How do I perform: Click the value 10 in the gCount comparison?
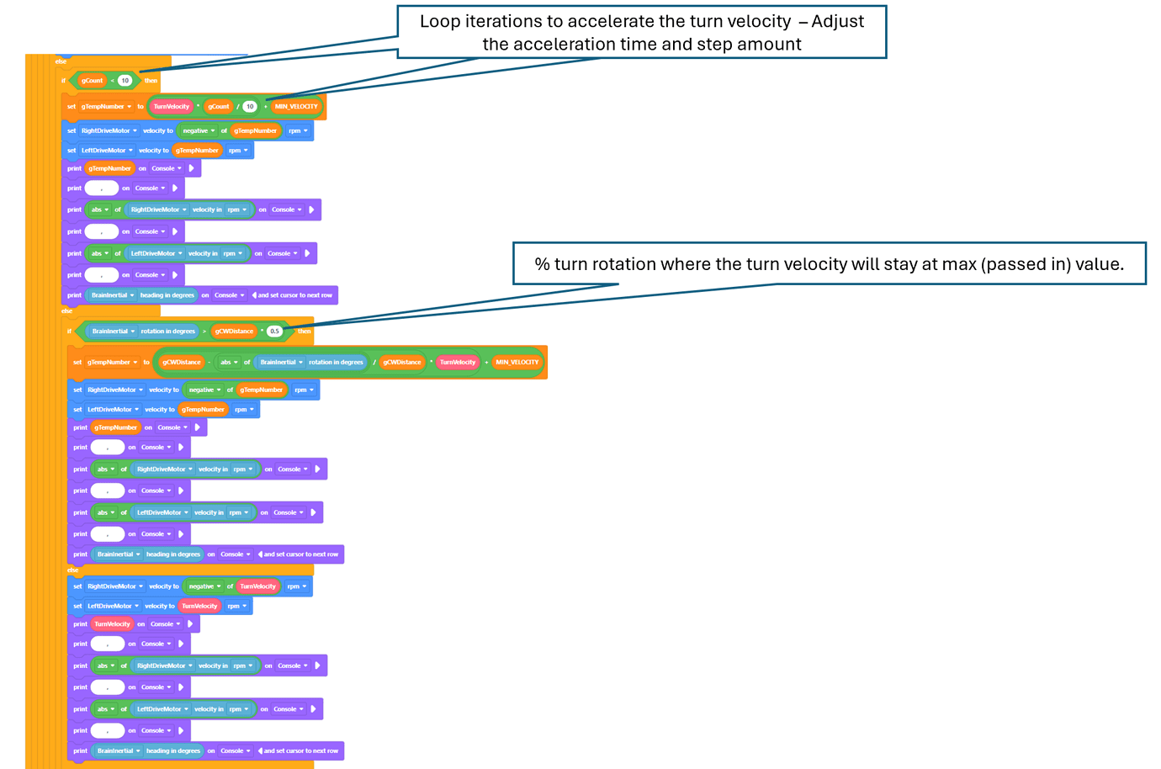coord(125,81)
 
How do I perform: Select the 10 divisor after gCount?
coord(250,107)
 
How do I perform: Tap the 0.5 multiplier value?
coord(274,331)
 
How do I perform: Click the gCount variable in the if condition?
coord(92,81)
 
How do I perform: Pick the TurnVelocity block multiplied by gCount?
coord(172,107)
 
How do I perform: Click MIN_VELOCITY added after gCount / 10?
coord(296,107)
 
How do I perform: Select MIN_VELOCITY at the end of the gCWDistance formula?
coord(517,363)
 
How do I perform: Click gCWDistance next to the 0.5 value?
coord(234,331)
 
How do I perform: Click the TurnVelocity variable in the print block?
coord(112,624)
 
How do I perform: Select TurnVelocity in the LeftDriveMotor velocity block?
coord(199,606)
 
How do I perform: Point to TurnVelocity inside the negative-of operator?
coord(257,586)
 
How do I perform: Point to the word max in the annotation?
coord(951,264)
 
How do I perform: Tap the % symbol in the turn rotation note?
coord(542,264)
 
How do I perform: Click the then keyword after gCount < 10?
coord(151,81)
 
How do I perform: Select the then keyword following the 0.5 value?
coord(304,331)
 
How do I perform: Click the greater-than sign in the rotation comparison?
coord(204,331)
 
